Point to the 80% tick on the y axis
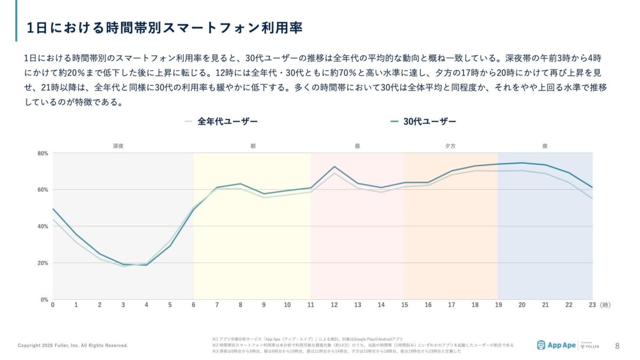coord(43,154)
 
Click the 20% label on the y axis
coord(43,263)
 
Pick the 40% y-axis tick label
coord(43,226)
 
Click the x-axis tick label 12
coord(334,305)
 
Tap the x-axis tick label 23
coord(592,305)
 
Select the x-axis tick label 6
coord(194,305)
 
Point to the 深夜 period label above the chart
coord(118,146)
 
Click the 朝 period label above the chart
coord(252,146)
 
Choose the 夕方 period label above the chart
coord(450,146)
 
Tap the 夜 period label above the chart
coord(545,146)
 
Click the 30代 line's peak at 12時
coord(334,167)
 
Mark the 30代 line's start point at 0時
coord(53,209)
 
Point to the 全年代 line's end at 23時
coord(592,198)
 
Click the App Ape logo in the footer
coord(556,345)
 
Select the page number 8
coord(618,345)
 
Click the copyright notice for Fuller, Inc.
coord(73,346)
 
